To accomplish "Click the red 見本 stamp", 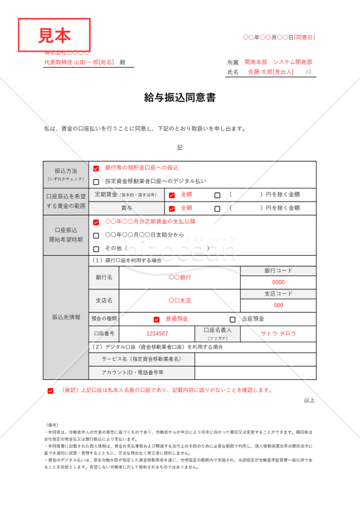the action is click(54, 34).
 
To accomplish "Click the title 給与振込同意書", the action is click(180, 98).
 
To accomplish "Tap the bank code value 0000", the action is click(278, 282).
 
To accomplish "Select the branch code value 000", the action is click(278, 305).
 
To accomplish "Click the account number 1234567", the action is click(157, 333).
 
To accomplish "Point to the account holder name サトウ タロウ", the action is click(278, 333).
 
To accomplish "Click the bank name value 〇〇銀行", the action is click(180, 277).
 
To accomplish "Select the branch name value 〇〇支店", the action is click(180, 300).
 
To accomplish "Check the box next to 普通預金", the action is click(157, 319).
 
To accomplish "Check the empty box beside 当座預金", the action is click(233, 319).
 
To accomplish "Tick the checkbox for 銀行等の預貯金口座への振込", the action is click(96, 168).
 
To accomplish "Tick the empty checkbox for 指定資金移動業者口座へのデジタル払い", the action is click(96, 182).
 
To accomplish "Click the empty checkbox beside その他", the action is click(96, 249).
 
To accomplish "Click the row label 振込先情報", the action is click(66, 317).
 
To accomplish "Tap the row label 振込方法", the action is click(66, 171).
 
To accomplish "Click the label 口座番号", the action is click(104, 333).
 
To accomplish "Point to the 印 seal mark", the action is click(308, 73).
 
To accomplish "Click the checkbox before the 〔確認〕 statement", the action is click(50, 391).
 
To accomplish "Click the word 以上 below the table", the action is click(309, 400).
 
